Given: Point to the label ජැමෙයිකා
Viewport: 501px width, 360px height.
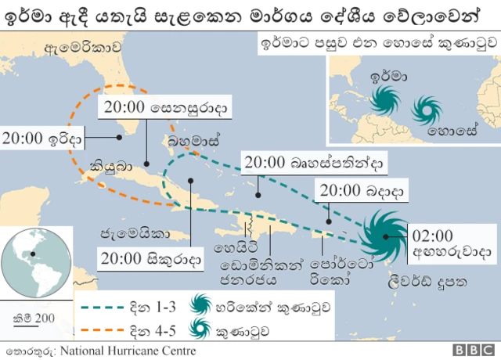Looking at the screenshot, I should (x=134, y=232).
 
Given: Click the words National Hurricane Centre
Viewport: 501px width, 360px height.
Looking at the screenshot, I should (x=128, y=350).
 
